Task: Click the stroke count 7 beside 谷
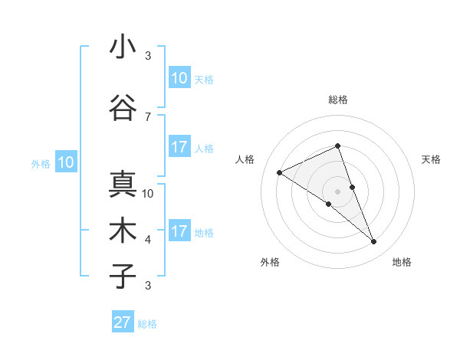tap(148, 116)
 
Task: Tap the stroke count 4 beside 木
tap(148, 240)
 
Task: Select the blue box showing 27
tap(123, 322)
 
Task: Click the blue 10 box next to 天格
tap(179, 78)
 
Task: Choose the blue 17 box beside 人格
tap(179, 147)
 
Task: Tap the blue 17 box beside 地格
tap(179, 231)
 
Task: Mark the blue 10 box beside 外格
tap(66, 162)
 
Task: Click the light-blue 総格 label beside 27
tap(147, 324)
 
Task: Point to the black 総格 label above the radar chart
tap(337, 100)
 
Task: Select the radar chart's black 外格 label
tap(270, 262)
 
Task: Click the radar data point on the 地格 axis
tap(374, 242)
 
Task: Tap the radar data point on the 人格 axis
tap(279, 172)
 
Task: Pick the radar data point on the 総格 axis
tap(337, 146)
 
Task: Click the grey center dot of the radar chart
tap(337, 191)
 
